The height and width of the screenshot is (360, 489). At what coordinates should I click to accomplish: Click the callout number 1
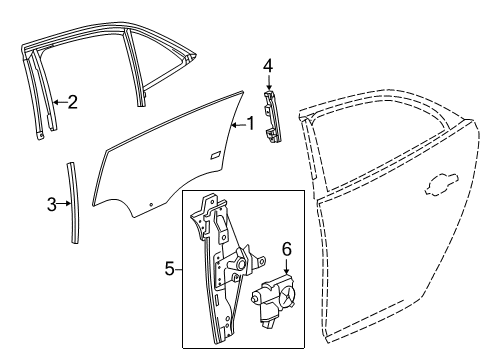click(x=252, y=125)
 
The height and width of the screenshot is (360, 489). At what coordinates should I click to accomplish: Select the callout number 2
click(x=73, y=101)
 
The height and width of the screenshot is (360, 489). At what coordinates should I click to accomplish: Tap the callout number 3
click(x=52, y=205)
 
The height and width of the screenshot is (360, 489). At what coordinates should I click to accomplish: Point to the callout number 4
click(x=267, y=66)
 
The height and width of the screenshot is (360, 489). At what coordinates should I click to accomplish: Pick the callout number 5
click(x=169, y=268)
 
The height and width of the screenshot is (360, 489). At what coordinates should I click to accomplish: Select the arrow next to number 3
click(x=65, y=205)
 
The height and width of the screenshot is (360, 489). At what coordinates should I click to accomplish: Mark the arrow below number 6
click(x=286, y=265)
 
